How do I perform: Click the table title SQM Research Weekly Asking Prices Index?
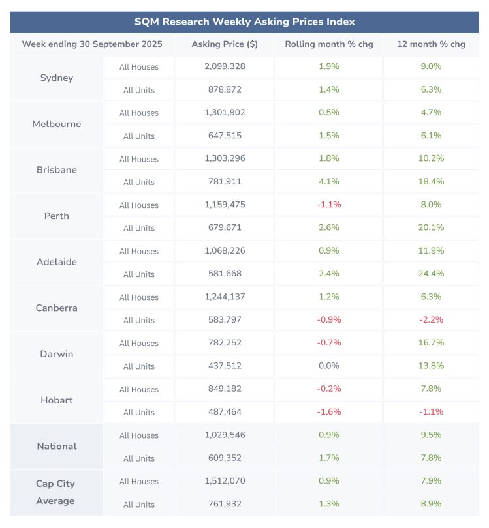coord(244,22)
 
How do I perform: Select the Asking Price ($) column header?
coord(225,44)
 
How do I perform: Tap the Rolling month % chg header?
coord(328,44)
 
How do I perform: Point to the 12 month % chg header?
coord(431,44)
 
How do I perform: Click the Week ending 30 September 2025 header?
coord(92,44)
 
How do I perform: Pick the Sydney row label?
coord(57,78)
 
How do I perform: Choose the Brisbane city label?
coord(57,170)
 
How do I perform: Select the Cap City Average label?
coord(55,492)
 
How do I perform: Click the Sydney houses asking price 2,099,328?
coord(225,66)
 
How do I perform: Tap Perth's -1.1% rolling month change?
coord(328,205)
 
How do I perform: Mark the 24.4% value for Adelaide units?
coord(431,274)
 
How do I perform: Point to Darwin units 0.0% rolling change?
coord(328,366)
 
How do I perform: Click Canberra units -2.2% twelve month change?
coord(431,320)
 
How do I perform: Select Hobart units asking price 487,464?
coord(225,412)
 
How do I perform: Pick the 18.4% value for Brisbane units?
coord(431,182)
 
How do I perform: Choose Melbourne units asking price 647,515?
coord(225,136)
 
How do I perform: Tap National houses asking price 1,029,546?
coord(225,435)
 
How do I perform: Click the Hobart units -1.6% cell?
coord(328,412)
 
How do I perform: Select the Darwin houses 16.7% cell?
coord(431,343)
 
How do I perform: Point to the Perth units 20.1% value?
coord(431,227)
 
